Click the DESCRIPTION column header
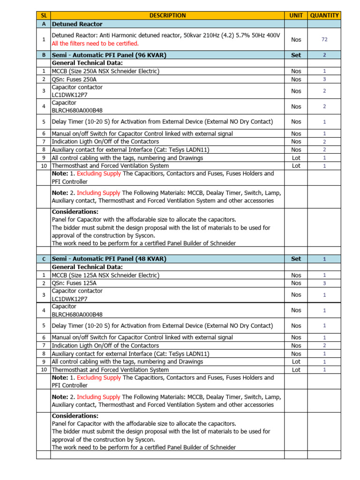coord(167,15)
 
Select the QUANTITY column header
coord(324,15)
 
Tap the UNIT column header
coord(296,15)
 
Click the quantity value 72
coord(324,40)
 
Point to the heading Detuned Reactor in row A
coord(77,24)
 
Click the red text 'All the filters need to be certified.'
coord(95,44)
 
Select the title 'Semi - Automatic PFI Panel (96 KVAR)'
coord(109,55)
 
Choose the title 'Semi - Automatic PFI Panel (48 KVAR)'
coord(109,259)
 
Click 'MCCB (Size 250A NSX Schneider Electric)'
coord(105,71)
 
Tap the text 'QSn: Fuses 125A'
coord(74,283)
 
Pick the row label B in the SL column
coord(44,55)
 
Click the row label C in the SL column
coord(44,259)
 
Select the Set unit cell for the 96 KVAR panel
coord(296,55)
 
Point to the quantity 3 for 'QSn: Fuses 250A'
coord(324,79)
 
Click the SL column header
coord(44,15)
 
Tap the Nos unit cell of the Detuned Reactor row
coord(296,40)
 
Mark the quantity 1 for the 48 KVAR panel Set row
coord(324,259)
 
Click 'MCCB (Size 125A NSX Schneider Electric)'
coord(105,275)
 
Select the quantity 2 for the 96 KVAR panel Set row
coord(324,55)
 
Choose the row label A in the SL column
coord(44,24)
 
